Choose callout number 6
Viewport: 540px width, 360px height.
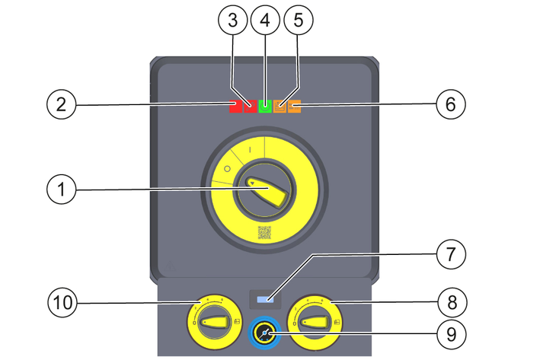pos(450,104)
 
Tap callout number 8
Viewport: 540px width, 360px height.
pos(450,303)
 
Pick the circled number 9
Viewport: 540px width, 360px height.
pos(450,333)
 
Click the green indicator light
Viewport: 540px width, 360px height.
pos(265,107)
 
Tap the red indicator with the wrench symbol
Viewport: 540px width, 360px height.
pos(250,107)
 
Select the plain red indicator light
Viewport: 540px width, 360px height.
pos(236,107)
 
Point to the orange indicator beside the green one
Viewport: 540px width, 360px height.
pos(280,107)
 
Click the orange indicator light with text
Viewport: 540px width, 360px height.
pos(294,107)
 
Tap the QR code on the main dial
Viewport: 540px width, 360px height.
pos(264,233)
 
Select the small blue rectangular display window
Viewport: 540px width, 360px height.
pos(266,300)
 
